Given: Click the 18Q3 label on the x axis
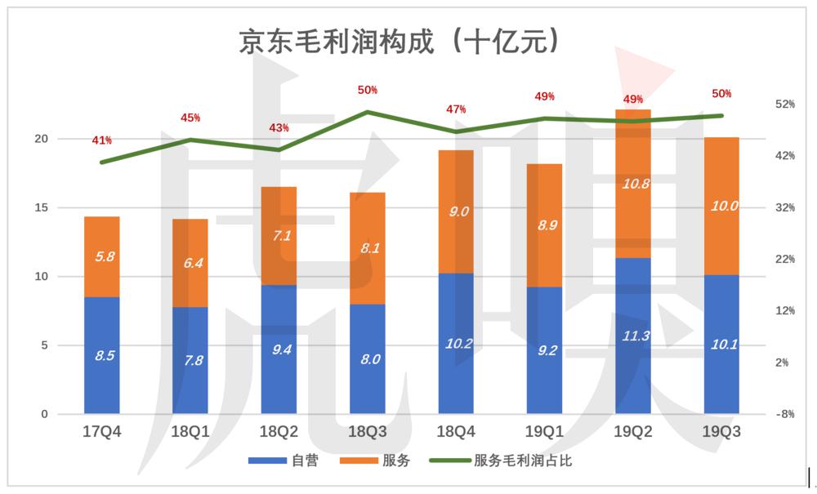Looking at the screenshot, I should [367, 433].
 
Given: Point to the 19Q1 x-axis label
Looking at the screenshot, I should [544, 433].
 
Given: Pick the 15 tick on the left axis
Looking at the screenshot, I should [40, 208].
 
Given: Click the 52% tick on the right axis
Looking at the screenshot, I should [784, 105].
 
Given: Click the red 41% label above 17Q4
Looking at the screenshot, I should [102, 140].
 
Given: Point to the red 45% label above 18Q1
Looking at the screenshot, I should [190, 118].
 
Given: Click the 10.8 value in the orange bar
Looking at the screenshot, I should [633, 184].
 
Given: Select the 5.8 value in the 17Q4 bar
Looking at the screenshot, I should [102, 256].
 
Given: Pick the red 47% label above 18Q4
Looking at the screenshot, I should [456, 109].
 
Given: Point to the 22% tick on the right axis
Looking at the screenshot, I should [784, 260].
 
